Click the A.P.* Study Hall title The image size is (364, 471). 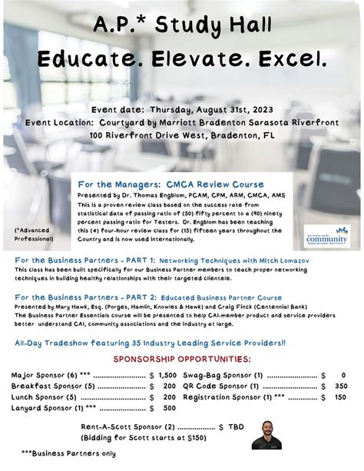[x=181, y=25]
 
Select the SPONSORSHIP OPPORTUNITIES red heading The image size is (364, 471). [x=182, y=360]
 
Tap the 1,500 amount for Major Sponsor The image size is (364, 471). [x=167, y=374]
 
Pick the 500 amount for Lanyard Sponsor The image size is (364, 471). [x=170, y=410]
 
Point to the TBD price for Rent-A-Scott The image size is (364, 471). [x=237, y=426]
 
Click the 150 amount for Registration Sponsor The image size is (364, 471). [x=340, y=398]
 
